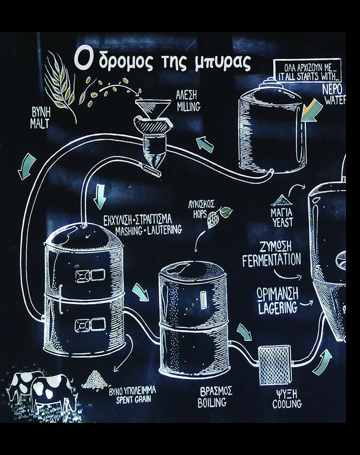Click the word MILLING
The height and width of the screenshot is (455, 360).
click(x=189, y=107)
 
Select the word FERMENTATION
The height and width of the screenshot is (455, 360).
click(x=272, y=261)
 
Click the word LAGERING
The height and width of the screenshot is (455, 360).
click(x=278, y=308)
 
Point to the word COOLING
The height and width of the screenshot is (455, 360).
click(x=287, y=404)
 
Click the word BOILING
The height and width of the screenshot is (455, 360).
click(x=211, y=402)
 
